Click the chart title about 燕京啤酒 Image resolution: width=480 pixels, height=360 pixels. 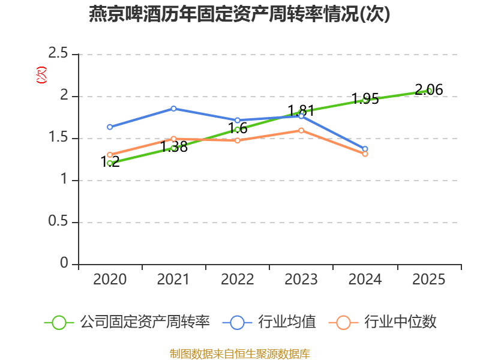[x=239, y=14]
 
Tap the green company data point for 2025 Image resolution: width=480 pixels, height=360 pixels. [x=429, y=91]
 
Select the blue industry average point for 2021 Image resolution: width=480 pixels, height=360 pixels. [x=173, y=109]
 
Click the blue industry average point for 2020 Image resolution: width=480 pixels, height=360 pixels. [x=110, y=127]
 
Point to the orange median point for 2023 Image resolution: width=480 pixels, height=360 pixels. [x=301, y=130]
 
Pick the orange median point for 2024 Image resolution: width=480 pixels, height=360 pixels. [x=365, y=154]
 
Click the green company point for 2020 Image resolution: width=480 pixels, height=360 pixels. [x=110, y=163]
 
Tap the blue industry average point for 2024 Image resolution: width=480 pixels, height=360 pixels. [x=365, y=149]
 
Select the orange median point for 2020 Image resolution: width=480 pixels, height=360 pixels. [x=110, y=155]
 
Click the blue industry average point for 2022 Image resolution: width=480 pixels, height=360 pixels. [x=238, y=120]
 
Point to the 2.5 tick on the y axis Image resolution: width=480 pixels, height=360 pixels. [x=59, y=55]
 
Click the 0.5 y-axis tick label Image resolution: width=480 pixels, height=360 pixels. [x=59, y=223]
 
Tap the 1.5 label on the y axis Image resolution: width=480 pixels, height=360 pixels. [x=59, y=139]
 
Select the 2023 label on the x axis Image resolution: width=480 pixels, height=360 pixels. [x=301, y=280]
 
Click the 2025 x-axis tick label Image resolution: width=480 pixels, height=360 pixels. [x=429, y=280]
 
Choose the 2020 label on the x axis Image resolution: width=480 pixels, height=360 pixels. [x=110, y=280]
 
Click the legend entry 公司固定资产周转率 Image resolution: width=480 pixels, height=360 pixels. [x=144, y=322]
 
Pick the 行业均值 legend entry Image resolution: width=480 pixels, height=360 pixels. [x=286, y=322]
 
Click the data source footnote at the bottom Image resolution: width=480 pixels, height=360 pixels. [x=239, y=353]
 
